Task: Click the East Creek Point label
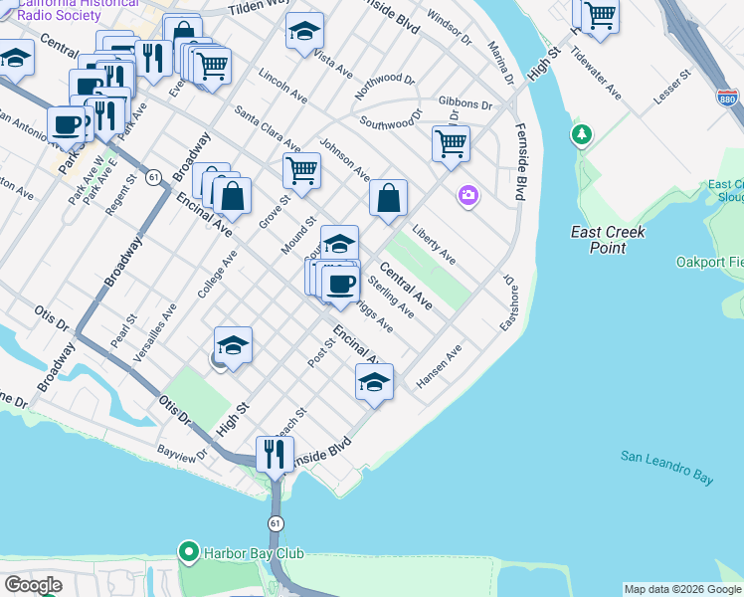pos(608,239)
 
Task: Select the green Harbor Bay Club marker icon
pos(186,551)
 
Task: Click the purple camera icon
pos(467,195)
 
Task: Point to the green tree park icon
pos(580,133)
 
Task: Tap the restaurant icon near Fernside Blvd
pos(273,454)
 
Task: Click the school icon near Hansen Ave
pos(373,381)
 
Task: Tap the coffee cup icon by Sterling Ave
pos(342,284)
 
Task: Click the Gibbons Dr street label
pos(465,104)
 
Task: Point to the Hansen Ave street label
pos(440,366)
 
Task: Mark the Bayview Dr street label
pos(181,454)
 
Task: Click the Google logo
pos(33,585)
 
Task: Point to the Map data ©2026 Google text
pos(682,589)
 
